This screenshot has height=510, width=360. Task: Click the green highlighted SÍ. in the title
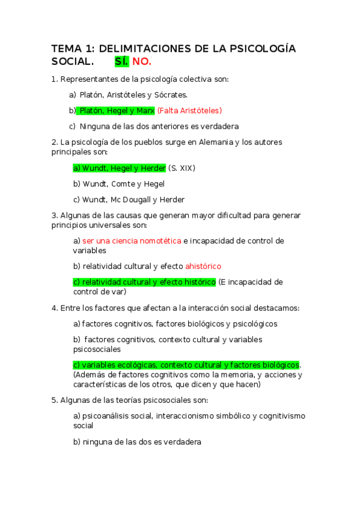(122, 62)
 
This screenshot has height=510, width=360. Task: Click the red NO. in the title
(142, 62)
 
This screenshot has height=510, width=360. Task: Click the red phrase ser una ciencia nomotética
(132, 241)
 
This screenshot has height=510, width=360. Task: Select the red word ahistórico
(203, 266)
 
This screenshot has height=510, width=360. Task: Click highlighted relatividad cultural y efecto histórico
(144, 282)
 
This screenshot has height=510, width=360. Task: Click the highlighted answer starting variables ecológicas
(186, 365)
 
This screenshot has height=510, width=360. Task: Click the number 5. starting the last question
(55, 400)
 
